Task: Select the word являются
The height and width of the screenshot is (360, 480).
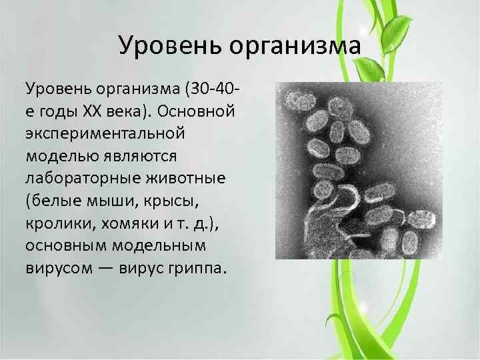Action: pyautogui.click(x=143, y=155)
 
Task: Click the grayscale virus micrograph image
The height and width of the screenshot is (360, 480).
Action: pyautogui.click(x=358, y=171)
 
